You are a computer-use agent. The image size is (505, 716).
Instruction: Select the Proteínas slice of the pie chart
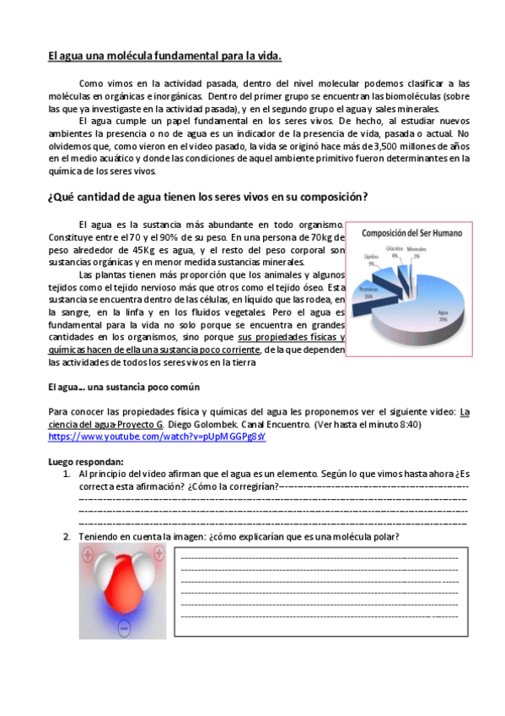click(x=372, y=291)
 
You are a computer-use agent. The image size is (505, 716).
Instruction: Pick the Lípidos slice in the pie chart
click(x=381, y=270)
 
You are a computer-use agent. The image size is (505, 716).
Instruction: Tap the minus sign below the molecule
click(x=125, y=629)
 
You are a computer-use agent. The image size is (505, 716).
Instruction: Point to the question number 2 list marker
click(x=67, y=537)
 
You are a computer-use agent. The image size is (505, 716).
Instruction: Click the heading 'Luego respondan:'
click(x=86, y=461)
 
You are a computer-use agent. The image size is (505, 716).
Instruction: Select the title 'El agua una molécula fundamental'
click(x=164, y=57)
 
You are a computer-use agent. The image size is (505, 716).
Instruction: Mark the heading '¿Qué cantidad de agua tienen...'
click(x=207, y=197)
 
